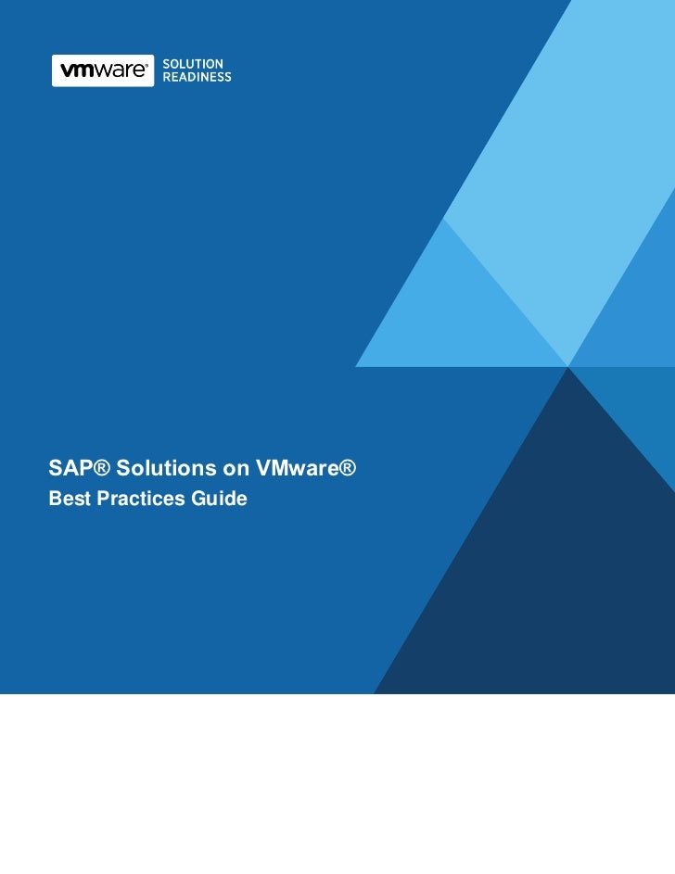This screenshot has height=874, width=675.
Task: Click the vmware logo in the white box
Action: click(x=103, y=70)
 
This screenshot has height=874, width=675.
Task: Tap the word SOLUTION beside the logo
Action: click(x=193, y=63)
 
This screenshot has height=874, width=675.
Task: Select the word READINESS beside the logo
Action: click(x=197, y=78)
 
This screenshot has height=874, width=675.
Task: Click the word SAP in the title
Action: click(x=67, y=470)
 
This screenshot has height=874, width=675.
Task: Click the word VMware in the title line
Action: click(x=282, y=470)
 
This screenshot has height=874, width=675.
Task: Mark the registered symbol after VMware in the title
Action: click(x=345, y=469)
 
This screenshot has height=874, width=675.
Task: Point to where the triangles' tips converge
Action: click(x=568, y=365)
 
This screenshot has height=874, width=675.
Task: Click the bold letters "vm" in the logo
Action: click(x=76, y=70)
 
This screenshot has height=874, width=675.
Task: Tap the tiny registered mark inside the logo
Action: click(x=147, y=66)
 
